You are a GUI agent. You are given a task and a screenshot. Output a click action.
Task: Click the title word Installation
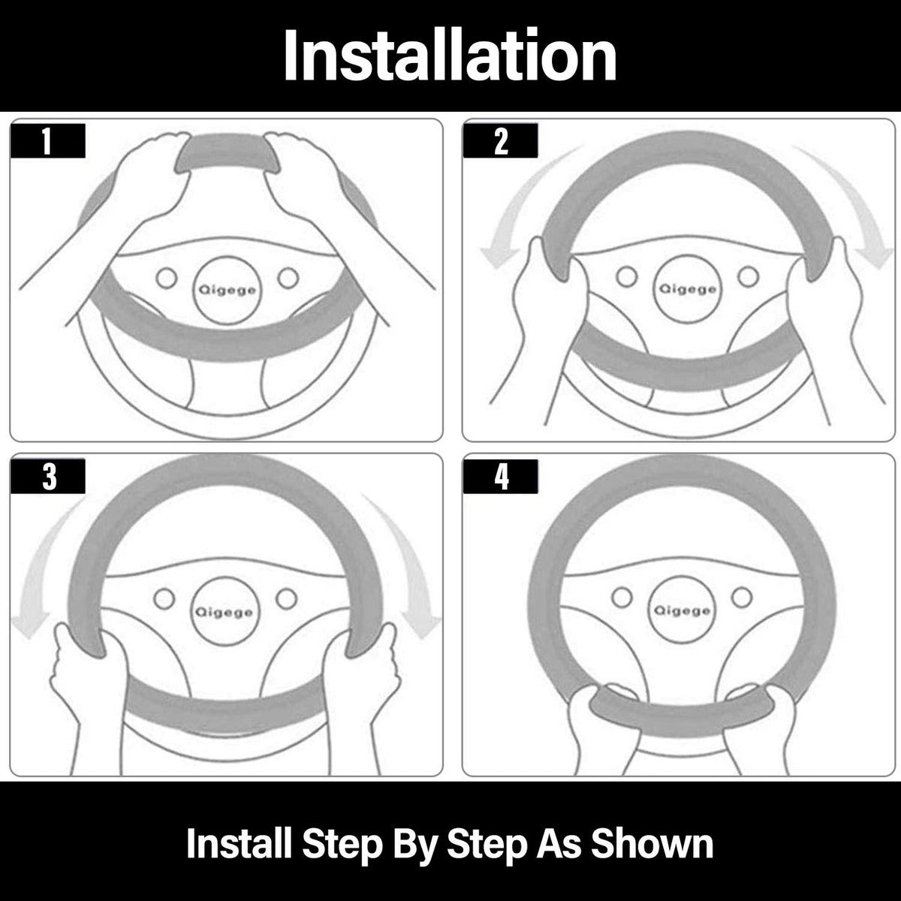pyautogui.click(x=450, y=55)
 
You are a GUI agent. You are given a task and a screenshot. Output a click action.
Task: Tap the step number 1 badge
pyautogui.click(x=48, y=140)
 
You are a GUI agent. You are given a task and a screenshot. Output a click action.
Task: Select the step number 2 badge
pyautogui.click(x=500, y=140)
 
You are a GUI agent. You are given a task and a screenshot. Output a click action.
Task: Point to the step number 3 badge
pyautogui.click(x=48, y=477)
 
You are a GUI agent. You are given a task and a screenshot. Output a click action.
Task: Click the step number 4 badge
pyautogui.click(x=500, y=477)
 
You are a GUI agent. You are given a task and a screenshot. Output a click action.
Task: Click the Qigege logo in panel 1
pyautogui.click(x=228, y=291)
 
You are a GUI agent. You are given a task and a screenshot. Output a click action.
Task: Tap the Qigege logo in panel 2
pyautogui.click(x=687, y=289)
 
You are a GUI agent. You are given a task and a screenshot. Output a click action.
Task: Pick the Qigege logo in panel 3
pyautogui.click(x=224, y=612)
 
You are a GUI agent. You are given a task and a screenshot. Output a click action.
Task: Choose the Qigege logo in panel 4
pyautogui.click(x=683, y=610)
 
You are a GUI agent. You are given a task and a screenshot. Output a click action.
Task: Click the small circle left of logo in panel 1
pyautogui.click(x=167, y=279)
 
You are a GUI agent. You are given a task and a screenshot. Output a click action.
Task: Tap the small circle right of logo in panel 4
pyautogui.click(x=742, y=597)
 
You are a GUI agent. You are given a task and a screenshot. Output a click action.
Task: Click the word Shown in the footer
pyautogui.click(x=652, y=844)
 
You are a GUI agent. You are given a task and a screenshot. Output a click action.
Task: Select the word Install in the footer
pyautogui.click(x=240, y=843)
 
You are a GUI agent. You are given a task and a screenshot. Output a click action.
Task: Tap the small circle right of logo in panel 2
pyautogui.click(x=748, y=277)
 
